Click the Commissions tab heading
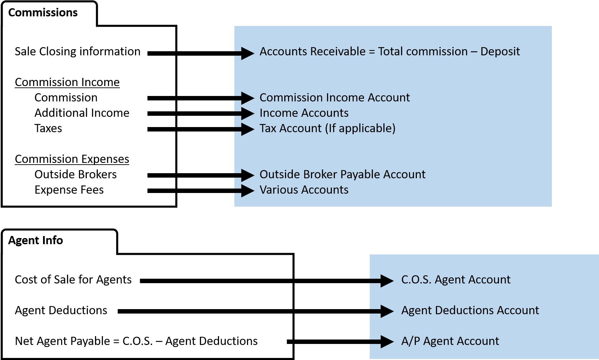[43, 13]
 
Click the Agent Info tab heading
[36, 240]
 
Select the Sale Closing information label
[78, 52]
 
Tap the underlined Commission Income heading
[67, 82]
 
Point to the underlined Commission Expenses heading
[72, 159]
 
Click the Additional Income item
[82, 113]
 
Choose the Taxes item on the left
[48, 128]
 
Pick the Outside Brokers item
[76, 175]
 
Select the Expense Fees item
[69, 190]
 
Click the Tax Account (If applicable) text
[327, 128]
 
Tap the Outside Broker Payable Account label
[342, 175]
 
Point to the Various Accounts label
[304, 190]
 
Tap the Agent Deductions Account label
[470, 310]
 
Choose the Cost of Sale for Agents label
[73, 280]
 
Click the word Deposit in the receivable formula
[500, 52]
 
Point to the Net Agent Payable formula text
[136, 341]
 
